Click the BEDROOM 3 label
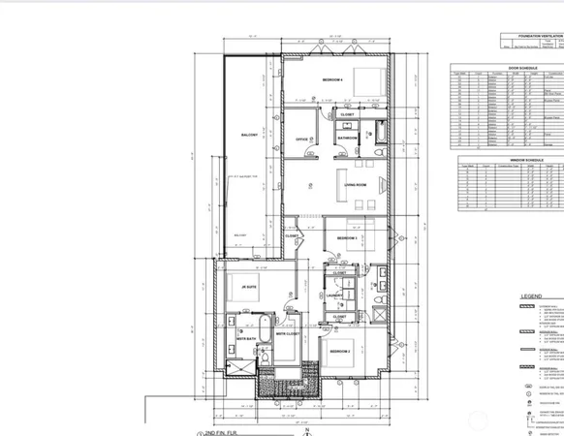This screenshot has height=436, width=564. click(347, 237)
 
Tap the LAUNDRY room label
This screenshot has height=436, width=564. click(335, 296)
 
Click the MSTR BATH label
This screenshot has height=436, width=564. click(243, 339)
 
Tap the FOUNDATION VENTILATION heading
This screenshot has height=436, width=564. click(539, 35)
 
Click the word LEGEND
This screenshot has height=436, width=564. click(531, 298)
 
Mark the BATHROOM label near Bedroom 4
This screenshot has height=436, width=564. click(348, 140)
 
